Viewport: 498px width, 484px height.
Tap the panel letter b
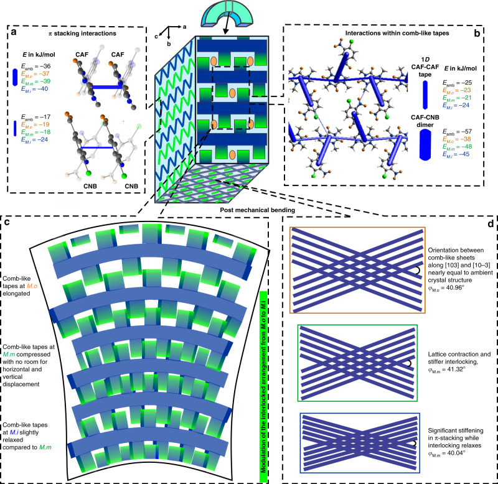point(488,30)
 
